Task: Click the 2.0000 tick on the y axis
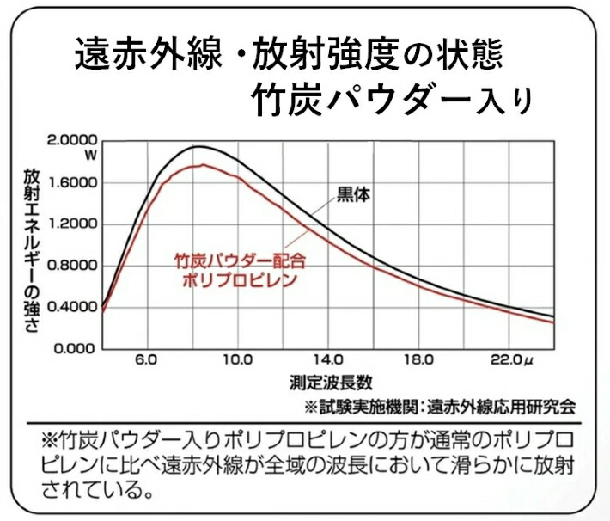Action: click(71, 140)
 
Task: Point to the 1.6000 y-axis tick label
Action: click(71, 183)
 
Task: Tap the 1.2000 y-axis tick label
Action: click(71, 224)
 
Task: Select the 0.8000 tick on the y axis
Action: click(71, 266)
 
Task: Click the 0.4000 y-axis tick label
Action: click(71, 307)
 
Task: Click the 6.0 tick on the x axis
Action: click(146, 360)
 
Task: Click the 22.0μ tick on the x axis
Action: click(512, 360)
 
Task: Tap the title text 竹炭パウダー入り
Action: click(392, 100)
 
